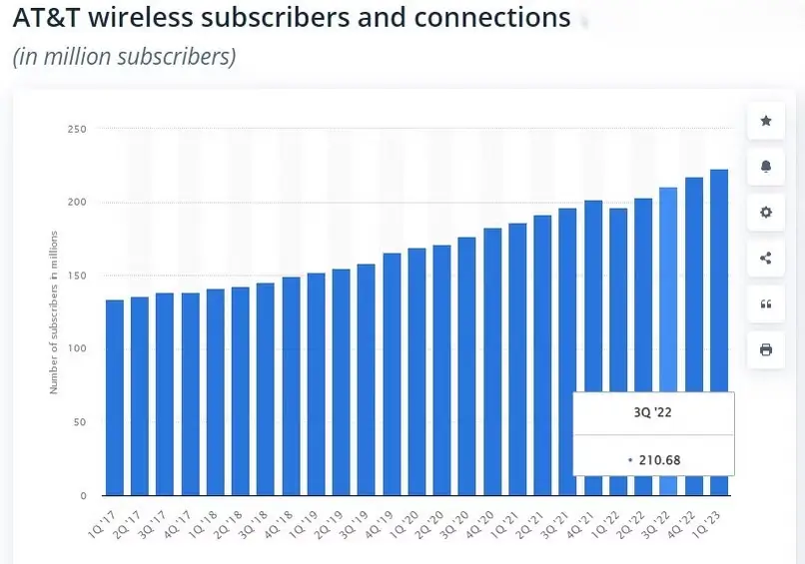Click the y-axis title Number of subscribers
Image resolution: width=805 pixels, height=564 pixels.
tap(54, 311)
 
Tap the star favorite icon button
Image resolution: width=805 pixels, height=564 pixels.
tap(766, 121)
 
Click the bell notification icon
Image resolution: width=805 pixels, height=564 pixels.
tap(766, 167)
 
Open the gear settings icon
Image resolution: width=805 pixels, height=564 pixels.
tap(766, 213)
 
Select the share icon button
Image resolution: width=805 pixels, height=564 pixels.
tap(766, 259)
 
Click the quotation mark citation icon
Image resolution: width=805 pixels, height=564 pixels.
tap(766, 304)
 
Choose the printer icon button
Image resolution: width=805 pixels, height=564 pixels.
tap(766, 349)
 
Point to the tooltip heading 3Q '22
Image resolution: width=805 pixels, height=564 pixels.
tap(653, 412)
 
